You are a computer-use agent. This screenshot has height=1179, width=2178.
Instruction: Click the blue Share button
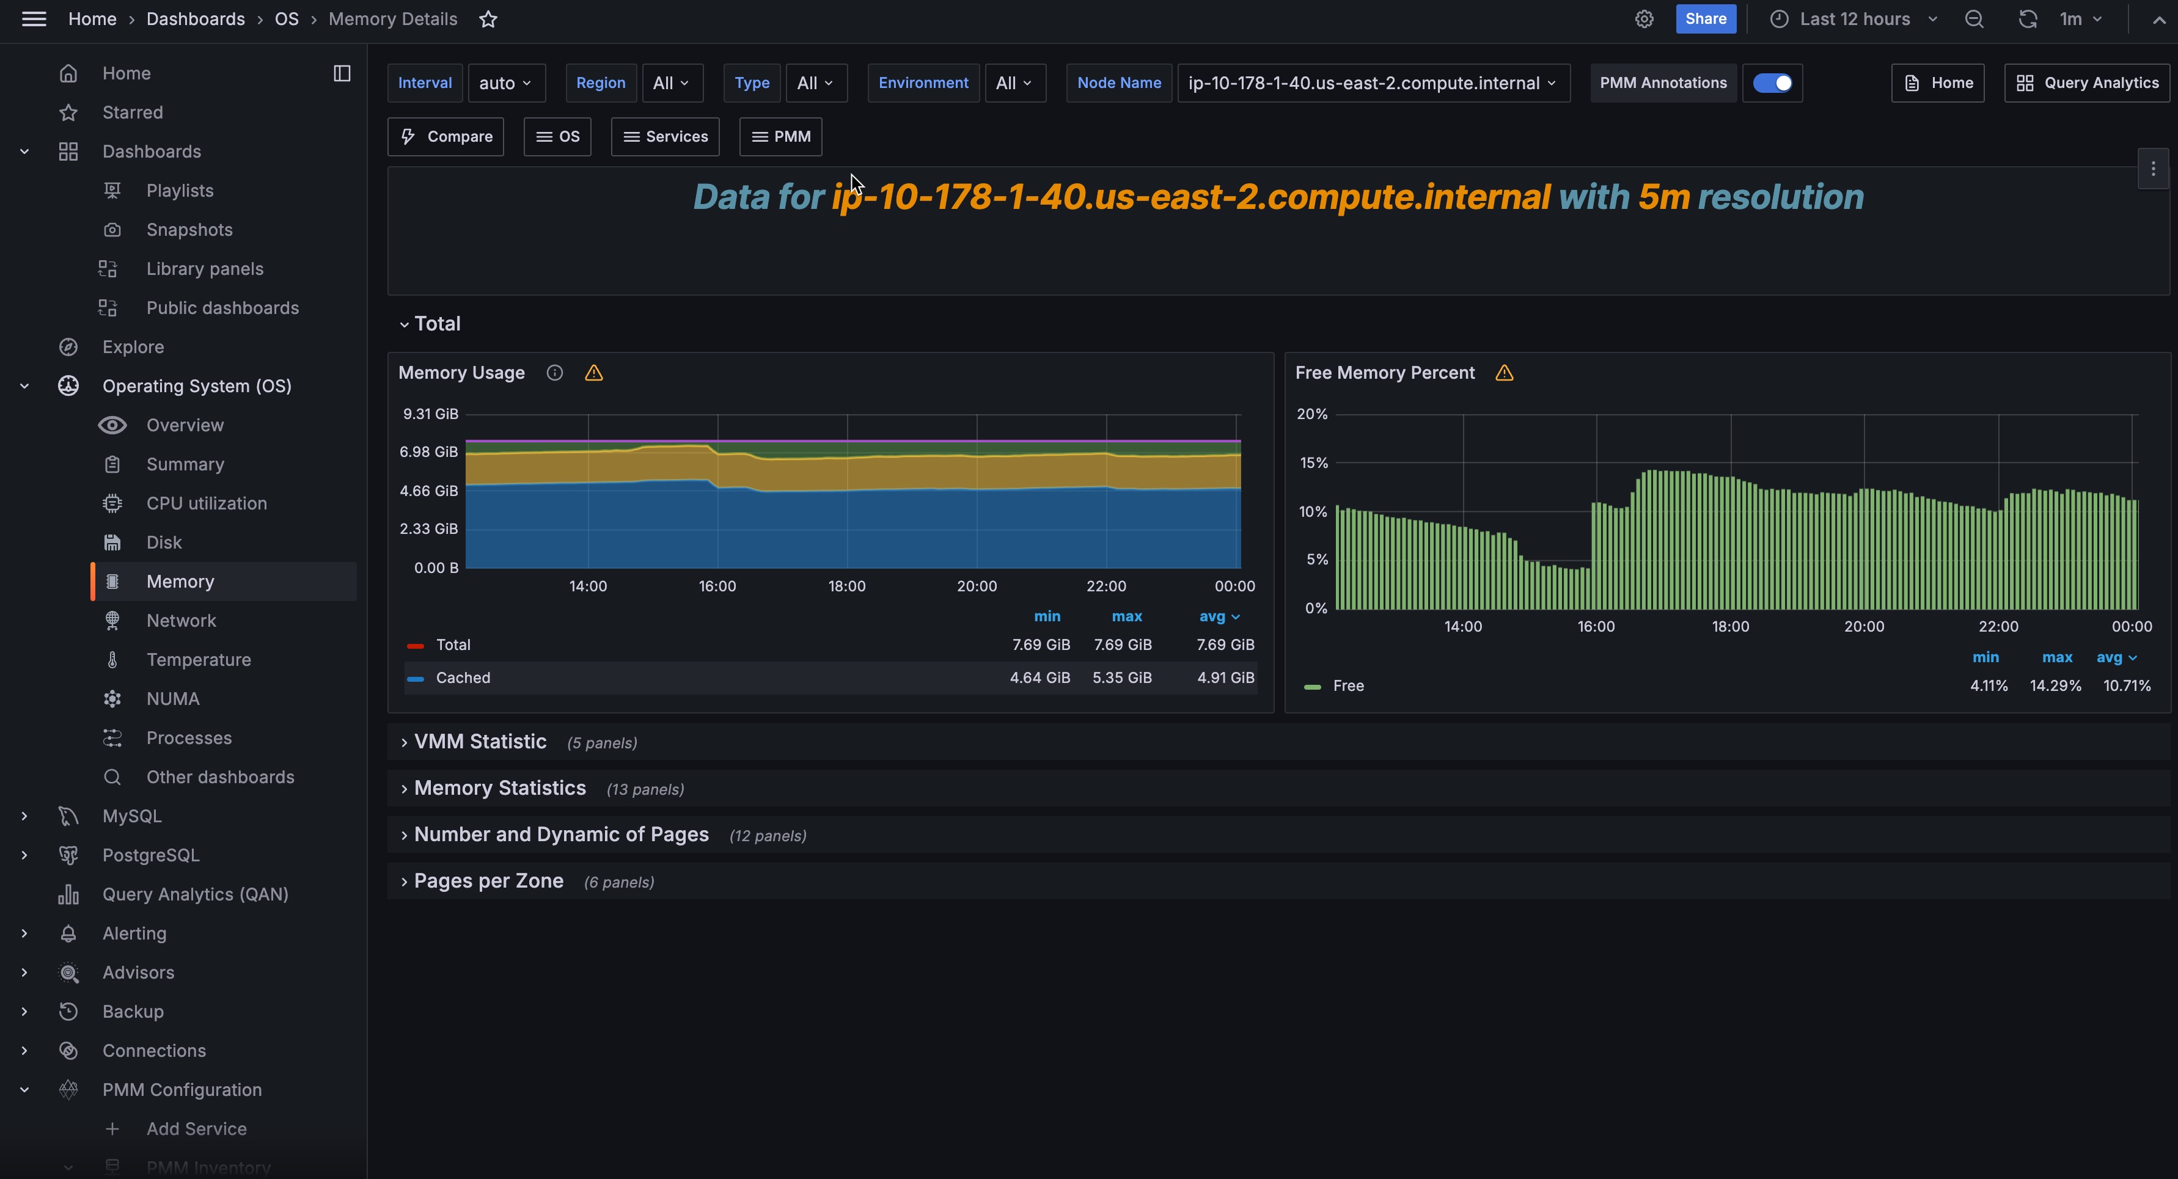pyautogui.click(x=1706, y=18)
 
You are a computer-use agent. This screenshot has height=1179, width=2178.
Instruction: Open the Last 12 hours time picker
pyautogui.click(x=1854, y=18)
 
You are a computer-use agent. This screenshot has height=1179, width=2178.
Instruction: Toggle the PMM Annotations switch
pyautogui.click(x=1772, y=83)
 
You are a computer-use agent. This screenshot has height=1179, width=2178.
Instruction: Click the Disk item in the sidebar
pyautogui.click(x=164, y=542)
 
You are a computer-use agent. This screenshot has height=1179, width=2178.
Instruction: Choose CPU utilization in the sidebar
pyautogui.click(x=207, y=504)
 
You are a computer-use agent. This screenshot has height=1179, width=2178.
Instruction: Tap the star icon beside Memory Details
pyautogui.click(x=488, y=20)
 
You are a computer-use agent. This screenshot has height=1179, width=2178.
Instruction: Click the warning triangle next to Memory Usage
pyautogui.click(x=593, y=373)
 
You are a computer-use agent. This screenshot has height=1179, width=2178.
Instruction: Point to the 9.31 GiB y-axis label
pyautogui.click(x=430, y=414)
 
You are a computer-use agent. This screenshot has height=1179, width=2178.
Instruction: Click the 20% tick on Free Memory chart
pyautogui.click(x=1311, y=414)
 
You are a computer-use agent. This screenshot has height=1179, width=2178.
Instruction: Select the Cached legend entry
pyautogui.click(x=463, y=678)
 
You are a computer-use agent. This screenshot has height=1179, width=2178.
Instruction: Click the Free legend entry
pyautogui.click(x=1347, y=686)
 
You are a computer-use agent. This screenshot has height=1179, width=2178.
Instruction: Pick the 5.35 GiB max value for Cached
pyautogui.click(x=1122, y=678)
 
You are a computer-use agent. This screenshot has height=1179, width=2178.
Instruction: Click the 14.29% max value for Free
pyautogui.click(x=2055, y=686)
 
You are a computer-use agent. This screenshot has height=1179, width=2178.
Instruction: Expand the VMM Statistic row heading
pyautogui.click(x=480, y=742)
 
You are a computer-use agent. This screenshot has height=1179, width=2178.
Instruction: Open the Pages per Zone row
pyautogui.click(x=489, y=882)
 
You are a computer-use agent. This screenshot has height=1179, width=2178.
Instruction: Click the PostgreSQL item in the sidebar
pyautogui.click(x=150, y=855)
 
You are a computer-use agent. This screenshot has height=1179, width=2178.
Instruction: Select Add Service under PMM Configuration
pyautogui.click(x=196, y=1129)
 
